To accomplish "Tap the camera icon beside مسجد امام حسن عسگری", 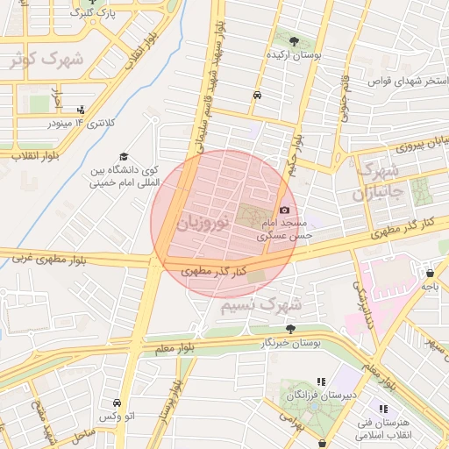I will click(x=284, y=210).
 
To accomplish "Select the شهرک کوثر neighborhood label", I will click(x=46, y=60).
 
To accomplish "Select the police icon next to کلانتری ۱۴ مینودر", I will click(x=82, y=110).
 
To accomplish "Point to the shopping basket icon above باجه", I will click(x=429, y=272).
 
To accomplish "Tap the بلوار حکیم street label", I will click(x=296, y=153).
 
